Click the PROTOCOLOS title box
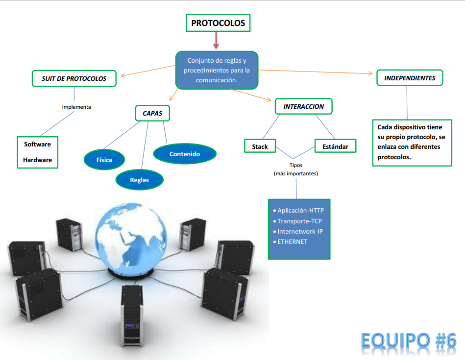coord(218,23)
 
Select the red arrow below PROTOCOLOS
coord(216,41)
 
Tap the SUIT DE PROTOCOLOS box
coord(74,78)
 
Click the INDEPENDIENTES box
coord(410,78)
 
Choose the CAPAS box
coord(152,114)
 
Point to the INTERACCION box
coord(303,106)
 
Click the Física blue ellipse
coord(104,160)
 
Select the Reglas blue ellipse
coord(139,180)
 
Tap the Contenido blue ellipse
coord(185,154)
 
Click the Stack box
coord(260,146)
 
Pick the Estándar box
coord(335,146)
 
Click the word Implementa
coord(76,107)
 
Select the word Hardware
coord(37,160)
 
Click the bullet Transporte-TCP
coord(299,221)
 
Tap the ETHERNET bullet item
coord(293,241)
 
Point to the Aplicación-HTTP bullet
coord(300,211)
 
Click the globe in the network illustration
coord(133,236)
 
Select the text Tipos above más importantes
coord(295,166)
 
